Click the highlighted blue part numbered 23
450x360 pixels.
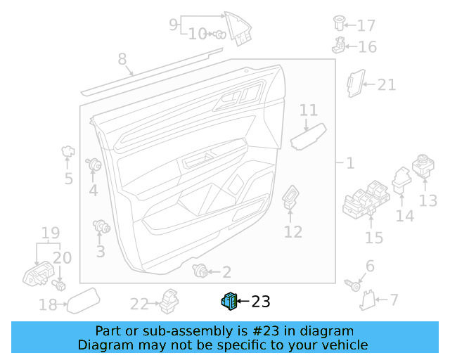pyautogui.click(x=229, y=301)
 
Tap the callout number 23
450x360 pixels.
pyautogui.click(x=261, y=302)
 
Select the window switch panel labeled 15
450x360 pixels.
pyautogui.click(x=366, y=200)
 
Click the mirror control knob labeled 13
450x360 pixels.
pyautogui.click(x=423, y=166)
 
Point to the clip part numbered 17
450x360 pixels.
pyautogui.click(x=339, y=23)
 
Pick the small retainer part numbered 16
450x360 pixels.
pyautogui.click(x=339, y=46)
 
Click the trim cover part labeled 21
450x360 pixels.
pyautogui.click(x=355, y=83)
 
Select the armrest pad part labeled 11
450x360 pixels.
pyautogui.click(x=308, y=137)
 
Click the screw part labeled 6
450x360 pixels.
pyautogui.click(x=352, y=285)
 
